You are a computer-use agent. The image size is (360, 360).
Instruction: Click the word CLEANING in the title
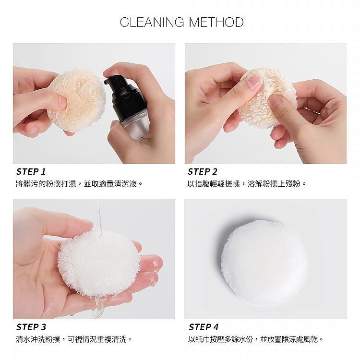pos(152,22)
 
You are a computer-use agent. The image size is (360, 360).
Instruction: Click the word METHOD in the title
pos(216,22)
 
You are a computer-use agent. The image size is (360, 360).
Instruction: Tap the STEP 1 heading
pos(31,171)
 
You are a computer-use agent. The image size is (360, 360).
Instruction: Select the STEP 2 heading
pos(202,171)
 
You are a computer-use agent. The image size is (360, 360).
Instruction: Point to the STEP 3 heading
pos(31,327)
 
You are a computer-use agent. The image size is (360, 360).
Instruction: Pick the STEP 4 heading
pos(204,327)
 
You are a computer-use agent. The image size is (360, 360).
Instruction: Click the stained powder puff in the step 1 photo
pos(77,100)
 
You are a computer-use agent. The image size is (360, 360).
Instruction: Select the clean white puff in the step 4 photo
pos(264,263)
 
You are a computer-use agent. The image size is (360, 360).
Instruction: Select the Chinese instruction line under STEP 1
pos(79,184)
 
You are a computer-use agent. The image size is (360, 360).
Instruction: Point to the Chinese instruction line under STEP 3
pos(74,339)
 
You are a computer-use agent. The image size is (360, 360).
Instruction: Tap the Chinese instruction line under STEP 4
pos(255,339)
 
